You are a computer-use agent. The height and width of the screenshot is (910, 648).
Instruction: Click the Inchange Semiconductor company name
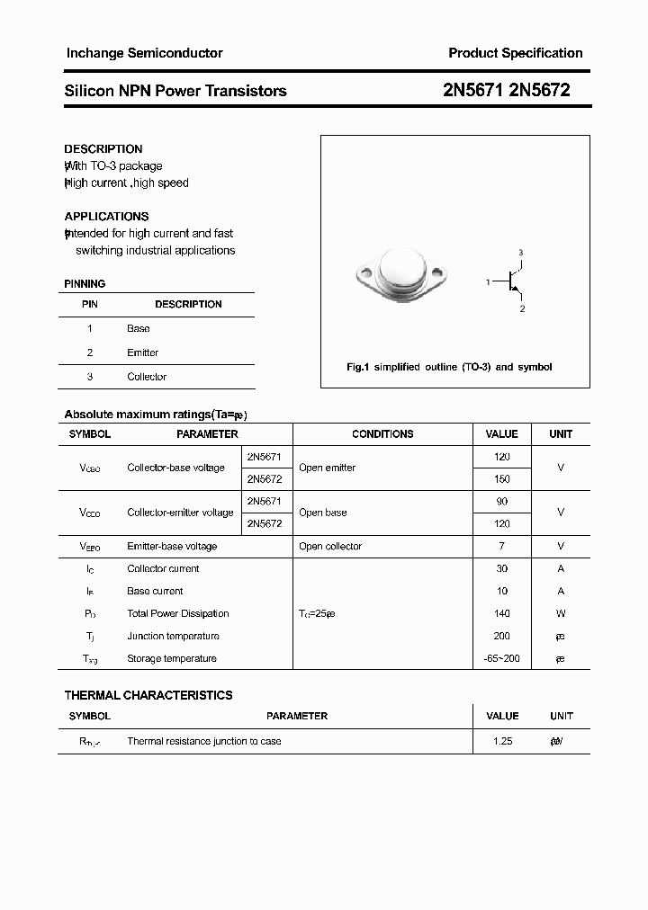144,53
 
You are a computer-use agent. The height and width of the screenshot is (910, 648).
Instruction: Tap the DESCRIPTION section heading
103,149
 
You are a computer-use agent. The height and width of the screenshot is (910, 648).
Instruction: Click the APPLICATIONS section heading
106,217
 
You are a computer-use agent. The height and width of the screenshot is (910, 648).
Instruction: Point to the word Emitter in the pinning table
142,352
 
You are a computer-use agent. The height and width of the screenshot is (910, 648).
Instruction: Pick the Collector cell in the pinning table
147,377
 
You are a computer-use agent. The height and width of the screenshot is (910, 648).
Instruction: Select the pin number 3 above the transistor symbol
520,253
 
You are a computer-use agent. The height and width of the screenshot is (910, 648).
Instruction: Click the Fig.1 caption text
449,367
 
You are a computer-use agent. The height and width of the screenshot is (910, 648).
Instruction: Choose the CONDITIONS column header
382,434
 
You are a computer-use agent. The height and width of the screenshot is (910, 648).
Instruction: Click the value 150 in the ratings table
502,479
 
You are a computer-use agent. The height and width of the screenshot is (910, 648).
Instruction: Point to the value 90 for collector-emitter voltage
502,501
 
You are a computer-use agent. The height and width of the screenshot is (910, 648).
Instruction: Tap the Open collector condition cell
330,546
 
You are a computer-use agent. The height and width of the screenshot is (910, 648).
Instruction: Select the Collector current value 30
502,568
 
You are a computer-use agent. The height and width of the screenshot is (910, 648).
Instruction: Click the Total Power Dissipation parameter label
178,613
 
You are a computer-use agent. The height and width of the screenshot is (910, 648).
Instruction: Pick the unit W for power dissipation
561,613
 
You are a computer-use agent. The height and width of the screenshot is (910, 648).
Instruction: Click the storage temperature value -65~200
502,658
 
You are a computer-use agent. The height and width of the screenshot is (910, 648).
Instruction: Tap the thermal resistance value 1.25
502,741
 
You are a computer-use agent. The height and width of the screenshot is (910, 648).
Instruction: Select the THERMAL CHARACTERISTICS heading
148,695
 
